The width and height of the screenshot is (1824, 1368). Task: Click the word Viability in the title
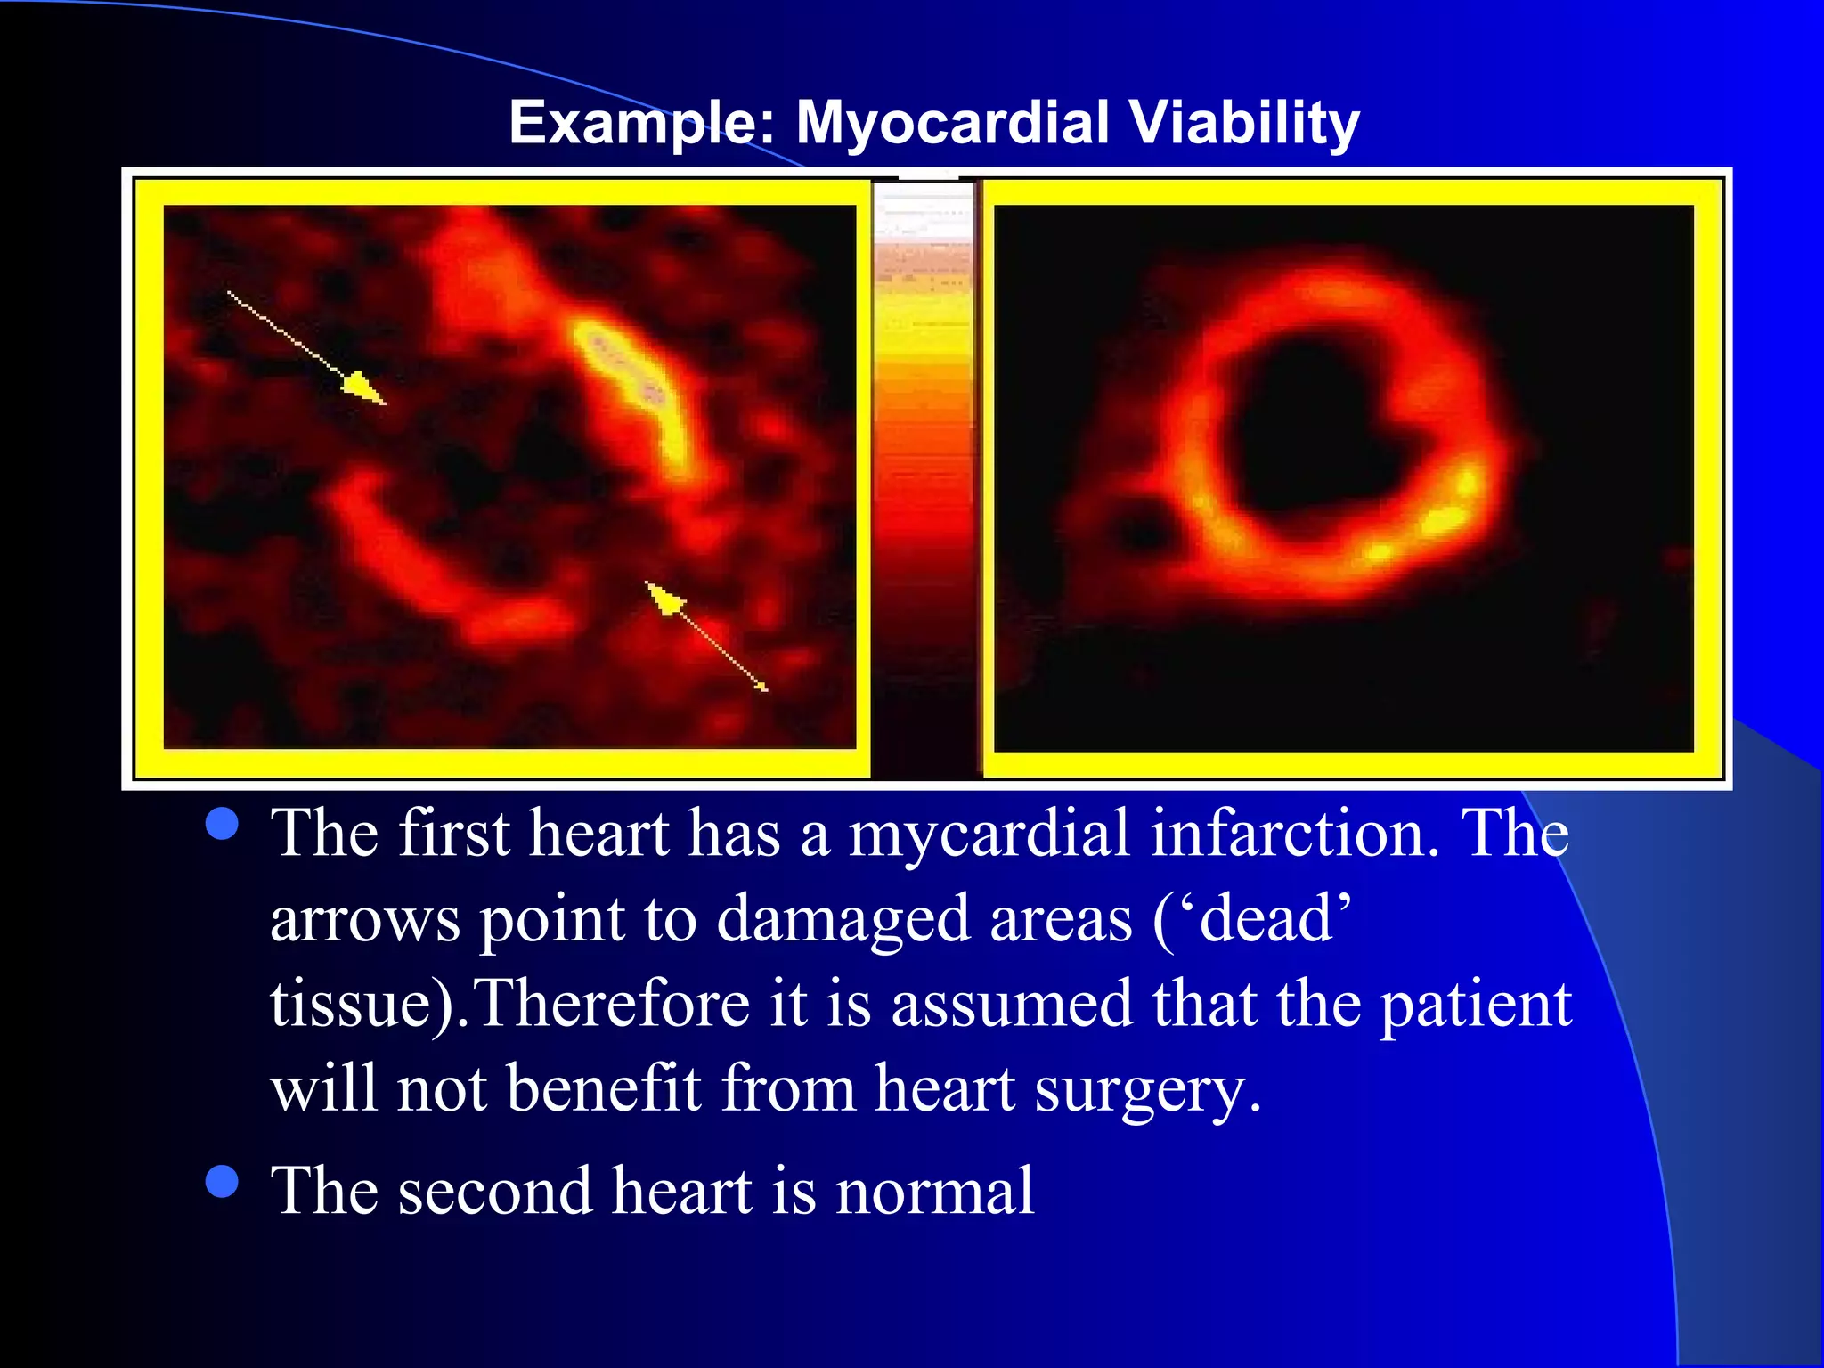[x=1244, y=123]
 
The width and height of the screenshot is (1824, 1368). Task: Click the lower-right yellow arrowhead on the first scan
[x=664, y=598]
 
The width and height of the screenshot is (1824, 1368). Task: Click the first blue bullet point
[x=222, y=824]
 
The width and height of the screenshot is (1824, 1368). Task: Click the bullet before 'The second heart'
[x=222, y=1182]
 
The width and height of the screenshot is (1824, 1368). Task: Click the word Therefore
[x=615, y=1005]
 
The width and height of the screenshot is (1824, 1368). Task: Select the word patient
[x=1475, y=1005]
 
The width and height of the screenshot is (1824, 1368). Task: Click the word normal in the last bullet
[x=934, y=1192]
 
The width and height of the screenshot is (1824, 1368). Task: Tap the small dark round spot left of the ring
[x=1142, y=531]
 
